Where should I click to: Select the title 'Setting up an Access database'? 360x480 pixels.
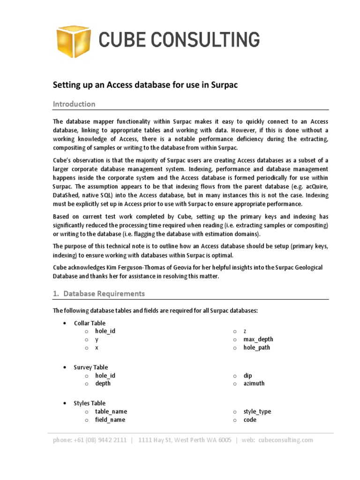pos(146,85)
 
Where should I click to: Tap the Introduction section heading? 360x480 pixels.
pos(74,104)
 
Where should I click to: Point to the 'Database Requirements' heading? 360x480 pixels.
pos(104,293)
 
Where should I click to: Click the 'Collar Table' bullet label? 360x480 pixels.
pos(90,323)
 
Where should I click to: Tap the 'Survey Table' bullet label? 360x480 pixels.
pos(90,367)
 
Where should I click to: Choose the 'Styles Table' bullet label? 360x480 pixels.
pos(90,403)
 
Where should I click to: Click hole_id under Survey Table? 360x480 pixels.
pos(105,375)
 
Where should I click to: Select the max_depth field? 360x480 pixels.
pos(258,339)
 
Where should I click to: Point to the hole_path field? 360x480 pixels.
pos(256,347)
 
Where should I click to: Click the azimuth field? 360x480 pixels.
pos(254,383)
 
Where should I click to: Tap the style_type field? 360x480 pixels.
pos(257,412)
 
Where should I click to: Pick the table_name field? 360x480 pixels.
pos(111,412)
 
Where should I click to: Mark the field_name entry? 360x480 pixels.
pos(110,420)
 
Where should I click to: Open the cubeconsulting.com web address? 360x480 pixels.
pos(285,440)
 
